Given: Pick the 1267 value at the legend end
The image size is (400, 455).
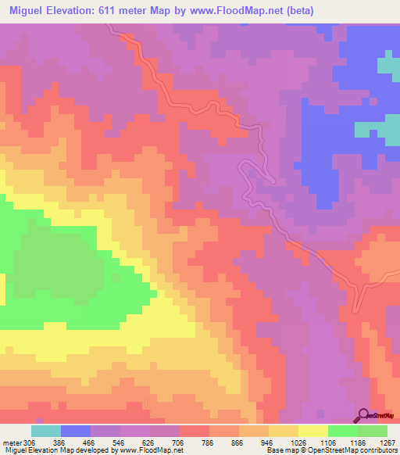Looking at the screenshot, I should pyautogui.click(x=387, y=442).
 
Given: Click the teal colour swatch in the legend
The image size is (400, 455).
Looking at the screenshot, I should pyautogui.click(x=46, y=431).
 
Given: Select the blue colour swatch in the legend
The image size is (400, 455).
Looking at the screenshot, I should pyautogui.click(x=76, y=431).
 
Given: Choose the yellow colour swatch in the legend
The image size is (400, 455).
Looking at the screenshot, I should pyautogui.click(x=312, y=431).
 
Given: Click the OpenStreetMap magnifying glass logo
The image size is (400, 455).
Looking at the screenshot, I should pyautogui.click(x=365, y=415).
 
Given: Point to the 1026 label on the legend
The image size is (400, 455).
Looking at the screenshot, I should pyautogui.click(x=298, y=442).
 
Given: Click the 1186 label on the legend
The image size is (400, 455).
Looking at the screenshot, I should pyautogui.click(x=358, y=442).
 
